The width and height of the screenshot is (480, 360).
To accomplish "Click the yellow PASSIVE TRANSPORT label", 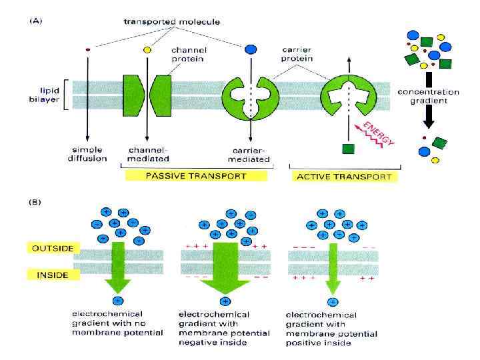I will tap(196, 176).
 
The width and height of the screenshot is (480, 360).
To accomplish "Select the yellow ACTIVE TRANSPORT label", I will tap(343, 177).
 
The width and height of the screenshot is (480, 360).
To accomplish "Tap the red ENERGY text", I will tap(377, 132).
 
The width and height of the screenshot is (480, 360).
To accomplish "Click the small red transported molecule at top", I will tap(87, 49).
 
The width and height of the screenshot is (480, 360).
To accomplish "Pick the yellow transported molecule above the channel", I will tap(147, 49).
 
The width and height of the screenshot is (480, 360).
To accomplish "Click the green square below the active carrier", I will tap(347, 148).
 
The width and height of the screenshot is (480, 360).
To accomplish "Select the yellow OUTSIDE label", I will tap(52, 248).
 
